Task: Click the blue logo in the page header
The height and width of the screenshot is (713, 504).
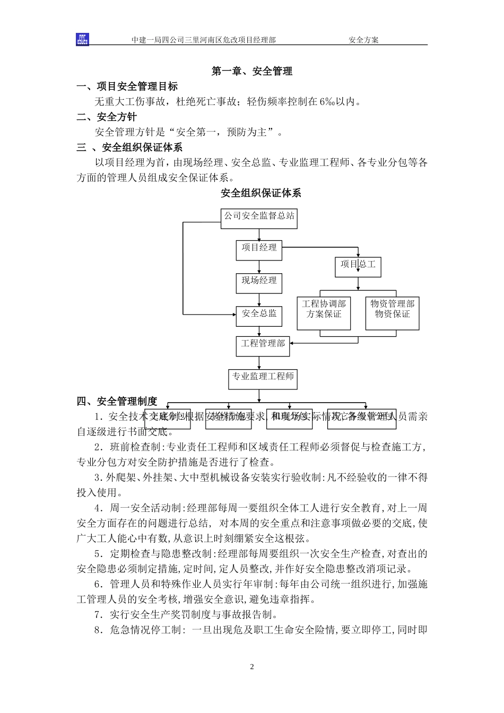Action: (x=82, y=39)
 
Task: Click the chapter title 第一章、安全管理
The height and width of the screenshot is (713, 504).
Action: (x=251, y=71)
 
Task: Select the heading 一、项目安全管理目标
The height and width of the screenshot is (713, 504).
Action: (x=127, y=86)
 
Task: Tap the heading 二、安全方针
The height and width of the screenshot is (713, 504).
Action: (x=107, y=117)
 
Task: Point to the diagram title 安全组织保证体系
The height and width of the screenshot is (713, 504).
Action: (x=260, y=193)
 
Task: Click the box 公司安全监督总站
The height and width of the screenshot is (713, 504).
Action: (x=259, y=217)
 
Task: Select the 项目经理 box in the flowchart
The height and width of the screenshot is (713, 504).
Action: (x=259, y=248)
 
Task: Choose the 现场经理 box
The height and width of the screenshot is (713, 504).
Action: (x=259, y=282)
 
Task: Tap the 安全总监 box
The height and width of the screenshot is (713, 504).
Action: (x=259, y=315)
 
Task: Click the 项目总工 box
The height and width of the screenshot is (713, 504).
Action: (x=358, y=265)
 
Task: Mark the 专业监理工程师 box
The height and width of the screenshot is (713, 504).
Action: (x=263, y=378)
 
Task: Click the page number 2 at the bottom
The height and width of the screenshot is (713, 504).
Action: (x=252, y=667)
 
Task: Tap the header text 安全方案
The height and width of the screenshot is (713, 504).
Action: (x=363, y=40)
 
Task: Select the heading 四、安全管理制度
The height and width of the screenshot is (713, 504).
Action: (x=117, y=401)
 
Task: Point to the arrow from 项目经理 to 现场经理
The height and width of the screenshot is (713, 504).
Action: (x=259, y=267)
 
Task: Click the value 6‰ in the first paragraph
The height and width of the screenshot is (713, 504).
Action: (x=326, y=102)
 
